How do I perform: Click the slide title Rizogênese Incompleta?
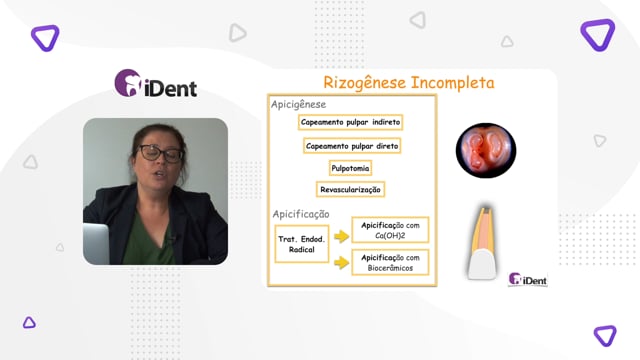click(x=409, y=83)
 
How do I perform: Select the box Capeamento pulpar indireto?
click(x=351, y=122)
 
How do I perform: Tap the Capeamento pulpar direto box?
click(x=352, y=146)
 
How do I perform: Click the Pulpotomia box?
click(x=350, y=168)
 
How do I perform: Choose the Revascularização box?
click(x=350, y=190)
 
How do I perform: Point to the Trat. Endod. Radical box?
click(x=302, y=244)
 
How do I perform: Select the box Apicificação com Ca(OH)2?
click(x=390, y=230)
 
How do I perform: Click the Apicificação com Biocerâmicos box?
click(x=390, y=262)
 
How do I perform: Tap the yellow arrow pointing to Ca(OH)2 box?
click(x=341, y=236)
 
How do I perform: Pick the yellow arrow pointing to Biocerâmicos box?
click(x=341, y=262)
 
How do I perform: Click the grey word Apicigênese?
click(x=298, y=104)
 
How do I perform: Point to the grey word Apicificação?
click(x=301, y=214)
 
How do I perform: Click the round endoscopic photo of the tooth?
click(x=486, y=151)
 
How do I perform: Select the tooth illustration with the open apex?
click(x=483, y=243)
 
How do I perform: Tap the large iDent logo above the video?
click(x=156, y=83)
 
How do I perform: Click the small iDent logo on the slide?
click(x=527, y=279)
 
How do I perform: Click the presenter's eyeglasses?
click(x=160, y=153)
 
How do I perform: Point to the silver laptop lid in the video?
click(x=96, y=244)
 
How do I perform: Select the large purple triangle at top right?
click(x=598, y=35)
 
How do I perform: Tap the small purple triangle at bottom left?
click(x=29, y=323)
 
